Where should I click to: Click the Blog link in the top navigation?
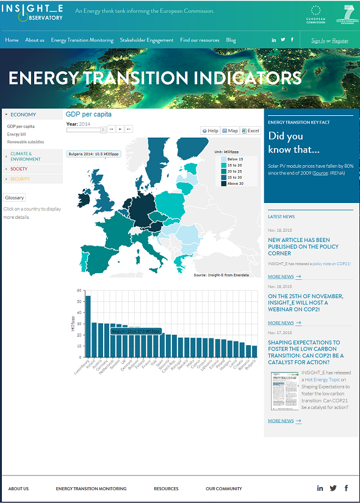(231, 40)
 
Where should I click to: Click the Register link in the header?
(340, 41)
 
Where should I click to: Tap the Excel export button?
(250, 130)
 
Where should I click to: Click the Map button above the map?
(230, 130)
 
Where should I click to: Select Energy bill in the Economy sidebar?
(16, 134)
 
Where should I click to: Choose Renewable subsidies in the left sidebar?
(26, 142)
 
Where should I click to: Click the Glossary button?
(15, 198)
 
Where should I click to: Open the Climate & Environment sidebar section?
(21, 157)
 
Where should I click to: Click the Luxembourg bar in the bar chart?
(88, 326)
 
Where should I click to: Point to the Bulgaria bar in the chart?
(254, 351)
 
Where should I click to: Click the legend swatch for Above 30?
(224, 184)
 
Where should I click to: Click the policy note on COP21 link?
(333, 263)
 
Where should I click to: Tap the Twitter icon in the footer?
(333, 488)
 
